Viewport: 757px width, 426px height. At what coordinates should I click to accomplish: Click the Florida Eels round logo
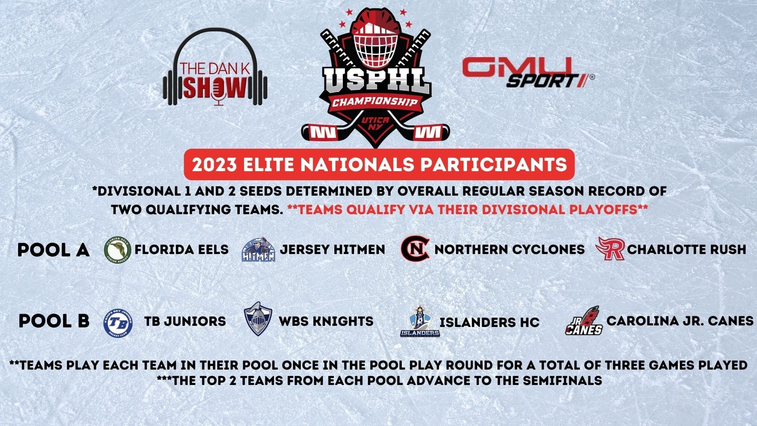[x=117, y=250]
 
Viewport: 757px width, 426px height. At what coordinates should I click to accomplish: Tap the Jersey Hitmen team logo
[x=258, y=250]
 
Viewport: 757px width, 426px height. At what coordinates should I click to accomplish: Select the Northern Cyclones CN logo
[x=415, y=249]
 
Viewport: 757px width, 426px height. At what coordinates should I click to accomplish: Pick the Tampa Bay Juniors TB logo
[x=117, y=322]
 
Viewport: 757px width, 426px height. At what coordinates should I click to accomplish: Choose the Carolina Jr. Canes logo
[x=584, y=321]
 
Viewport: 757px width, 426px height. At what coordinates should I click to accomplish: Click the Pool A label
[x=54, y=250]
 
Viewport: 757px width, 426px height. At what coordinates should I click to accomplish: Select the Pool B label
[x=54, y=321]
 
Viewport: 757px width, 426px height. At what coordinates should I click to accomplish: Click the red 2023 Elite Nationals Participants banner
[x=379, y=164]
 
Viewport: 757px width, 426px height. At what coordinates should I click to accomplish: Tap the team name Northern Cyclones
[x=509, y=250]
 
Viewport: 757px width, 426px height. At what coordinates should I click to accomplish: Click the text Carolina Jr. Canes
[x=680, y=321]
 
